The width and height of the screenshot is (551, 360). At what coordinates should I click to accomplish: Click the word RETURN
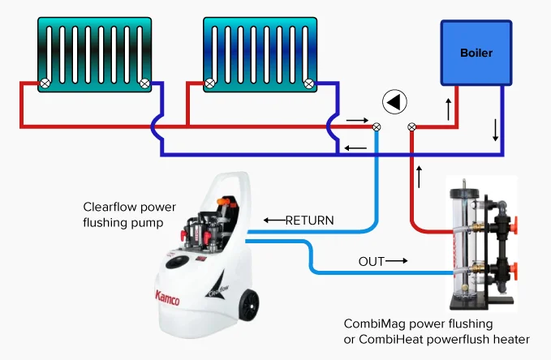[309, 220]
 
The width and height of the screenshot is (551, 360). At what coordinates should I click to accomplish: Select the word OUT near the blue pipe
[371, 261]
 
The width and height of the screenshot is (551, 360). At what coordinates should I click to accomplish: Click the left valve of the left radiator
[46, 82]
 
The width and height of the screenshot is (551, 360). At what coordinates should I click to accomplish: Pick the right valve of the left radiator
[144, 82]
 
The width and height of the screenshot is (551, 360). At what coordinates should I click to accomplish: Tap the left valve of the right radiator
[209, 82]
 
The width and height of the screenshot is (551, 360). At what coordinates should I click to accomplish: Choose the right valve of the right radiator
[308, 82]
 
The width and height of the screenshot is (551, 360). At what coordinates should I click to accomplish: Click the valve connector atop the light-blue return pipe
[377, 126]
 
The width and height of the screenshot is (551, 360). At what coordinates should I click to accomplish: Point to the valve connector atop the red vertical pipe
[411, 126]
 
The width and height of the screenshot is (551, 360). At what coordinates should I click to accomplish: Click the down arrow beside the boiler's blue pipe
[496, 129]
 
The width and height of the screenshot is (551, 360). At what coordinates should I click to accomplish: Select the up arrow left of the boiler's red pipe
[448, 107]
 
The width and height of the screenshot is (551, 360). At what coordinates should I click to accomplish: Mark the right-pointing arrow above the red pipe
[356, 120]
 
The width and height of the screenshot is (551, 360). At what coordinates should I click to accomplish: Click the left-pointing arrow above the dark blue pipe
[355, 148]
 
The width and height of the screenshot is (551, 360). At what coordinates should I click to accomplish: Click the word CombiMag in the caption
[370, 323]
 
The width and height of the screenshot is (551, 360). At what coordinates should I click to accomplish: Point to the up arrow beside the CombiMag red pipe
[419, 175]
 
